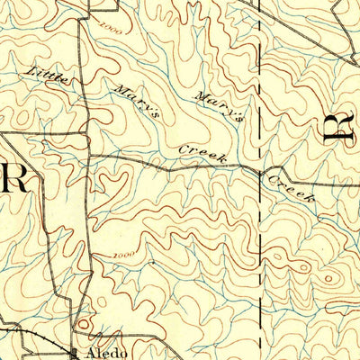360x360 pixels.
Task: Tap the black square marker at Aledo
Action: [75, 350]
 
